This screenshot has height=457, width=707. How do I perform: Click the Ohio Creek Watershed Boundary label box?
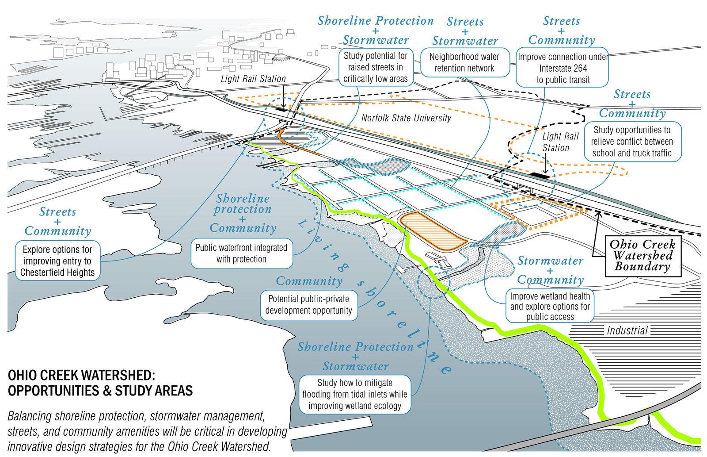click(x=642, y=256)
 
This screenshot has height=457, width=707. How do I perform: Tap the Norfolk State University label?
click(x=406, y=118)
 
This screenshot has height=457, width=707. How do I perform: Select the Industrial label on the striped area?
click(x=627, y=330)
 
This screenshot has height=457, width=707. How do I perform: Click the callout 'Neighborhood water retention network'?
click(x=464, y=62)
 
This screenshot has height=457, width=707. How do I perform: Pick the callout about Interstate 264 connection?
click(x=563, y=68)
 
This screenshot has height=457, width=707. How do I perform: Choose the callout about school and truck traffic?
click(x=632, y=142)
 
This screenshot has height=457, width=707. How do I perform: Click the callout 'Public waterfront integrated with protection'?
click(x=241, y=253)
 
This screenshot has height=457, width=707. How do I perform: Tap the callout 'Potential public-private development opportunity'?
click(x=308, y=305)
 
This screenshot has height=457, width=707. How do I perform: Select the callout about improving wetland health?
click(x=550, y=306)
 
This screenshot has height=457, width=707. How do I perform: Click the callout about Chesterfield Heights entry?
click(x=57, y=261)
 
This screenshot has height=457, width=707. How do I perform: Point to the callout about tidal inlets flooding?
click(x=354, y=394)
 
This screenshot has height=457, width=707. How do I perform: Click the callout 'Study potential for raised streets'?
click(x=375, y=67)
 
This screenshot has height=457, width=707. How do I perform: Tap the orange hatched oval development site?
click(x=432, y=230)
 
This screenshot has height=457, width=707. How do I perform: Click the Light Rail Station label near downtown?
click(x=253, y=79)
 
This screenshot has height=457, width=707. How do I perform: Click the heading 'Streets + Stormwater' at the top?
click(x=465, y=31)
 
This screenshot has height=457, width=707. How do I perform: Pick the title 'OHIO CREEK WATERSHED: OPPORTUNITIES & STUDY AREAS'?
click(x=100, y=383)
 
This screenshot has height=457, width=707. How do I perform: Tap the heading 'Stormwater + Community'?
click(x=550, y=270)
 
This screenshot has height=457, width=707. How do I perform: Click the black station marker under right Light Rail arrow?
click(x=540, y=176)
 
